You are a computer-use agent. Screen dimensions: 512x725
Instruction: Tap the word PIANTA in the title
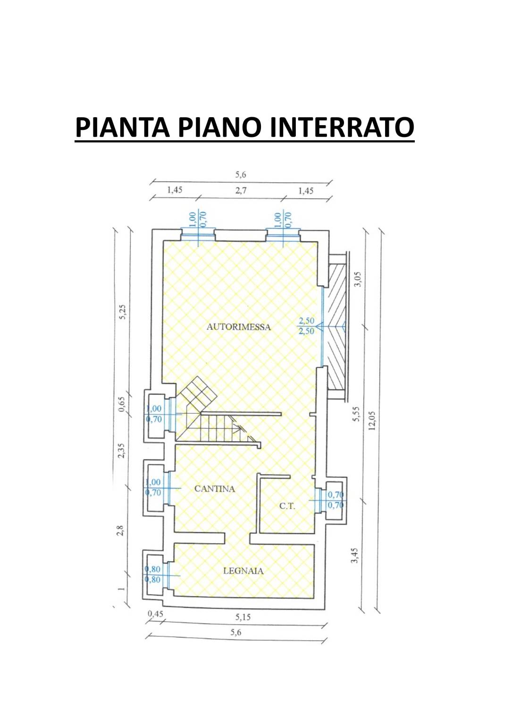(x=123, y=127)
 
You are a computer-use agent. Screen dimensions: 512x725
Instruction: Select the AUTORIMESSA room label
(x=239, y=327)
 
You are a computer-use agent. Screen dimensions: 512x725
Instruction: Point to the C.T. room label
(x=287, y=506)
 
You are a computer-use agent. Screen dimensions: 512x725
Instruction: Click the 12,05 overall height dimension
(x=371, y=420)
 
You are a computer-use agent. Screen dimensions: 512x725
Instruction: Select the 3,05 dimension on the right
(x=359, y=279)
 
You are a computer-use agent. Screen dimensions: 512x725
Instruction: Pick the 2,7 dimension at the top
(x=241, y=190)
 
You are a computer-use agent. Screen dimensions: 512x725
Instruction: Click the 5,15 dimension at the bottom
(x=243, y=617)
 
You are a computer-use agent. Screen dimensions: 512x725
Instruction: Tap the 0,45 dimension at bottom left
(x=155, y=614)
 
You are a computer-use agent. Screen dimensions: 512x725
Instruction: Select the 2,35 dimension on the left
(x=121, y=451)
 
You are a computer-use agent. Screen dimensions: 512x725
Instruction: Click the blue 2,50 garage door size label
(x=306, y=326)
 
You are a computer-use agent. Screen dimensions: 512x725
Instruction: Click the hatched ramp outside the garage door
(x=337, y=326)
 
